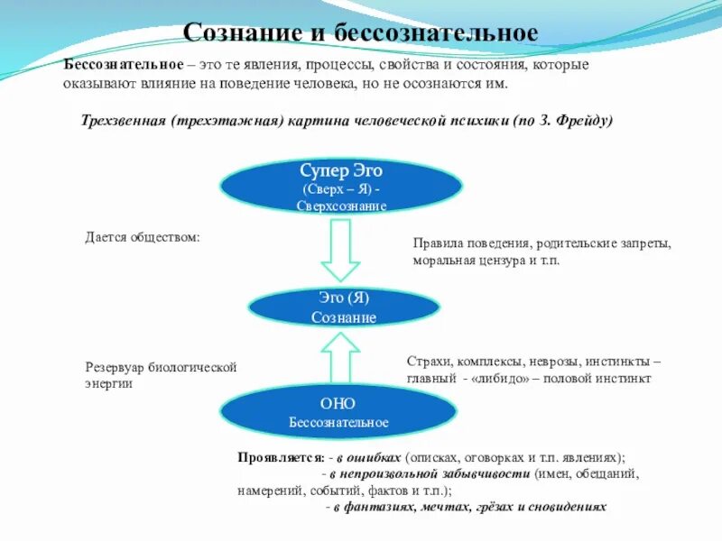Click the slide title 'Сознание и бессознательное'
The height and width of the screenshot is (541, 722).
coord(360,33)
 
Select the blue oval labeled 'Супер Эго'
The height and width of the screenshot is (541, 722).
coord(342,187)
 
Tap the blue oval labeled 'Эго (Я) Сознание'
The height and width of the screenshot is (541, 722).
coord(344,307)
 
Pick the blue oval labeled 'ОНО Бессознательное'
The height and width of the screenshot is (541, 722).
coord(339,412)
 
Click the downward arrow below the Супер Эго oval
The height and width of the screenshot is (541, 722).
coord(341,250)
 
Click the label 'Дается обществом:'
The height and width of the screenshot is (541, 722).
coord(143,237)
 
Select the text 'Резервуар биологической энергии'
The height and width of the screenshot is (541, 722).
coord(161,375)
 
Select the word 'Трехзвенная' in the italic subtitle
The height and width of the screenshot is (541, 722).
coord(124,122)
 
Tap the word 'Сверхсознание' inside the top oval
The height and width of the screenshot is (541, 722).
coord(341,206)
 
